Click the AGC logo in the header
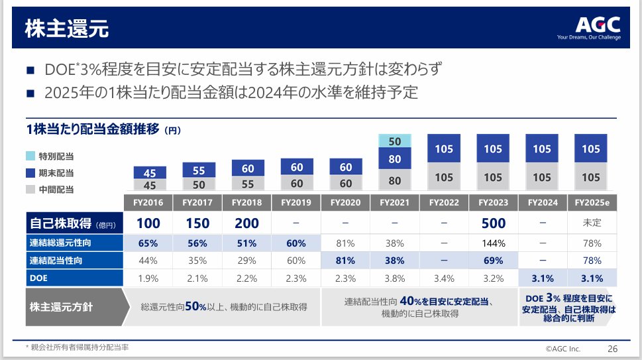[x=598, y=25]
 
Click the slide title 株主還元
[x=66, y=29]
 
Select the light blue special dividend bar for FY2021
[x=395, y=141]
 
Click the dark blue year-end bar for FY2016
[x=150, y=173]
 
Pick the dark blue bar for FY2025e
[x=590, y=149]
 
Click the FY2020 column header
[x=346, y=202]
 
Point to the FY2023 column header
[x=493, y=202]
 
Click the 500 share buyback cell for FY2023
[x=493, y=223]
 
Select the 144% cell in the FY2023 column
[x=493, y=243]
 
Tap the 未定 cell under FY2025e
[x=590, y=223]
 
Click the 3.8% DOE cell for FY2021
[x=395, y=278]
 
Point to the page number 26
[x=612, y=349]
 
